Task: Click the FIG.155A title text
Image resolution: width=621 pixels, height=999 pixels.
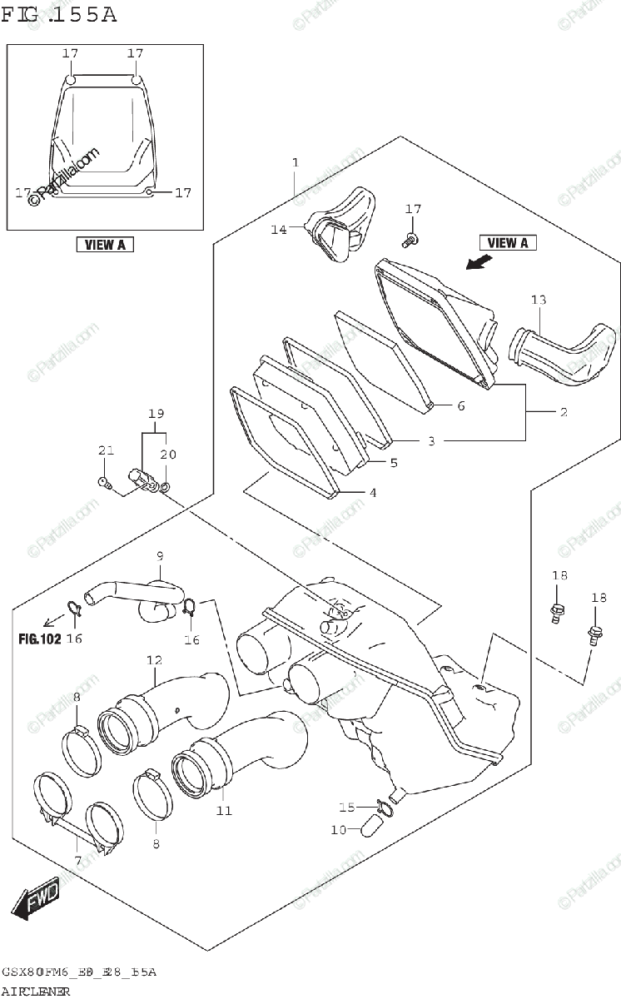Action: coord(59,14)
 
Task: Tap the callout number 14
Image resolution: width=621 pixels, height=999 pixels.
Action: coord(277,228)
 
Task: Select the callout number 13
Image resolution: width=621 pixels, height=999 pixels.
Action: coord(539,299)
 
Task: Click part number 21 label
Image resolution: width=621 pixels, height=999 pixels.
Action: coord(105,451)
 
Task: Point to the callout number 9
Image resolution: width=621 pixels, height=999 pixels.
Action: coord(158,556)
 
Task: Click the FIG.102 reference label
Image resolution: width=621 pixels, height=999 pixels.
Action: coord(38,639)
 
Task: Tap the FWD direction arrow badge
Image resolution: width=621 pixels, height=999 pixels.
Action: coord(35,900)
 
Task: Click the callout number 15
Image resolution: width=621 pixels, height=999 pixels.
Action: coord(345,807)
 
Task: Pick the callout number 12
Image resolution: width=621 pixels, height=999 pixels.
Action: coord(154,660)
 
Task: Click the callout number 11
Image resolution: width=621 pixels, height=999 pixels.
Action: coord(222,810)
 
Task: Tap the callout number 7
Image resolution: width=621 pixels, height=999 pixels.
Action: coord(77,860)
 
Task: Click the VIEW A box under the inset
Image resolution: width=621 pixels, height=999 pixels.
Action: coord(105,245)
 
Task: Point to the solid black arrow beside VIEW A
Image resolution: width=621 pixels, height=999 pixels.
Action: coord(477,263)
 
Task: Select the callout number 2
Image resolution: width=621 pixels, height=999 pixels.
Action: coord(563,412)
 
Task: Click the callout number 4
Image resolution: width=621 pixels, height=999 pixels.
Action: coord(372,493)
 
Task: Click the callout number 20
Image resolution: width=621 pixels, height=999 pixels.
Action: coord(168,455)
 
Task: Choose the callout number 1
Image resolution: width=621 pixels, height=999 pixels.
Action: coord(295,162)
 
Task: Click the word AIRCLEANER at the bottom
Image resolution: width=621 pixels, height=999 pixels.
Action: coord(36,991)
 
